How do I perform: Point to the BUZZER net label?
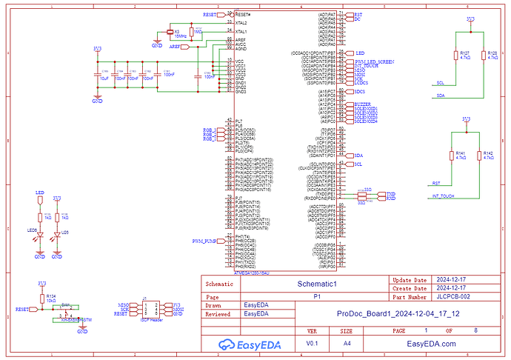click(x=362, y=104)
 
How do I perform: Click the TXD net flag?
click(x=390, y=193)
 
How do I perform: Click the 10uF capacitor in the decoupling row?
click(x=103, y=72)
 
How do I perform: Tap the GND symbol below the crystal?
click(x=156, y=44)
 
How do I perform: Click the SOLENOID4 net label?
click(x=366, y=121)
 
